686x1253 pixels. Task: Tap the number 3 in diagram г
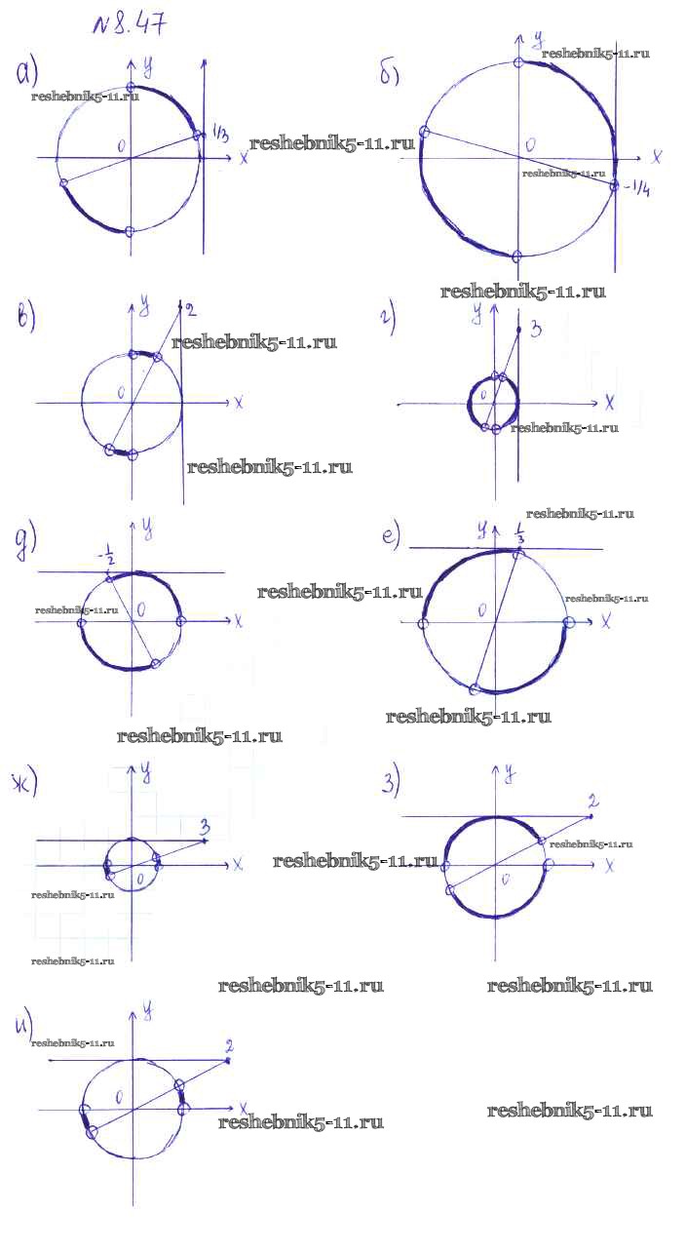(536, 331)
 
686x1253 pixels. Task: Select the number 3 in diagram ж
(205, 828)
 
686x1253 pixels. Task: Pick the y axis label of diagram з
(510, 774)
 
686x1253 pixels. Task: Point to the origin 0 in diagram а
(122, 145)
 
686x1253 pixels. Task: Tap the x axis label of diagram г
(609, 402)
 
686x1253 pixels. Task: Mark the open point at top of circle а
(132, 88)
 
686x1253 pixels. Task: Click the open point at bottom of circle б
(517, 255)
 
